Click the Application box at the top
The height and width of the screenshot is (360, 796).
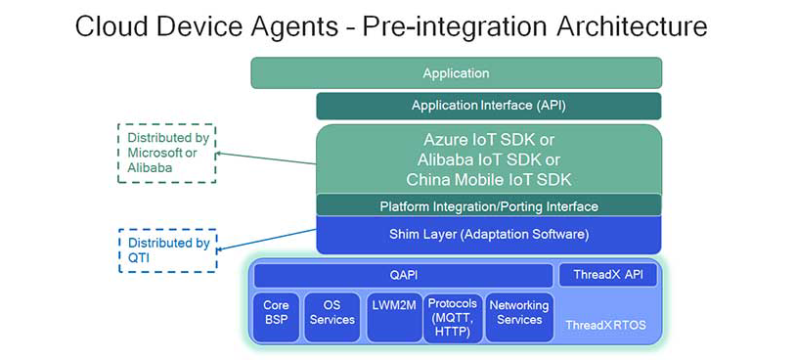[456, 73]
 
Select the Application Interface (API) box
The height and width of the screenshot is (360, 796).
[488, 106]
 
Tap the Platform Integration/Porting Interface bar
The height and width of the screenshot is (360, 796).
[488, 206]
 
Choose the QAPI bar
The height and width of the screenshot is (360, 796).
[403, 276]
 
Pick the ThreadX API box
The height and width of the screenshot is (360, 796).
[607, 276]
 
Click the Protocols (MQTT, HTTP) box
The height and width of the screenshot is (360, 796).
[453, 319]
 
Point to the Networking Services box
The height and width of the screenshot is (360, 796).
[518, 313]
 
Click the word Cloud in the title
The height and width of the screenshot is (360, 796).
[110, 26]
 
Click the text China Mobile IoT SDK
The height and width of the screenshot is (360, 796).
[488, 179]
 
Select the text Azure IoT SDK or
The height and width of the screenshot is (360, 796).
[488, 140]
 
